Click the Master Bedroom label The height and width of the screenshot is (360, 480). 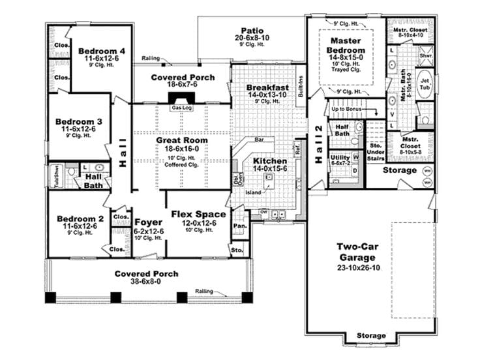pyautogui.click(x=346, y=46)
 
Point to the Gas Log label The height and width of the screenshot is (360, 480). pyautogui.click(x=181, y=107)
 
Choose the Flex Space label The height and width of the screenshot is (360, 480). pyautogui.click(x=198, y=214)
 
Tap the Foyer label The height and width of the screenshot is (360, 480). pyautogui.click(x=147, y=220)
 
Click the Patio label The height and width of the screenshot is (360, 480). pyautogui.click(x=252, y=31)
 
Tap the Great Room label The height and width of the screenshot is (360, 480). pyautogui.click(x=182, y=140)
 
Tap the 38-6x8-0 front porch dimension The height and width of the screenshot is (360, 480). pyautogui.click(x=146, y=282)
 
